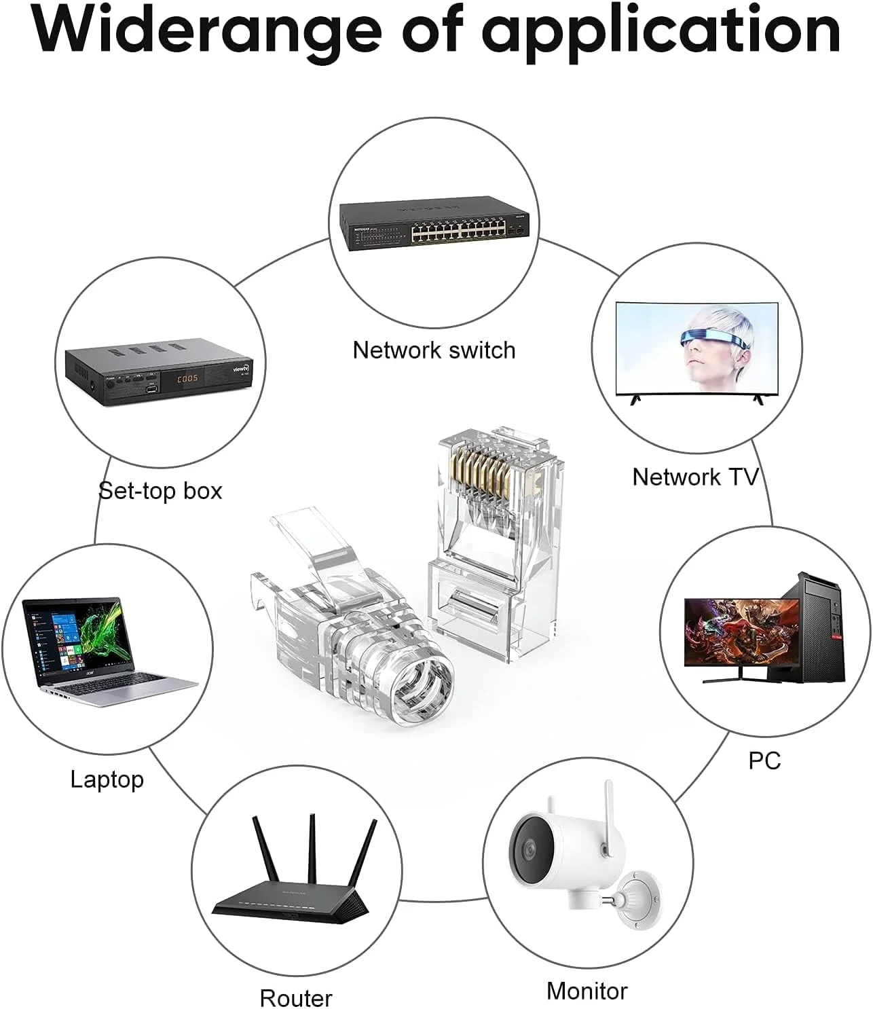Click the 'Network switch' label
[434, 350]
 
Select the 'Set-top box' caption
[160, 490]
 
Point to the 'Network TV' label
[695, 477]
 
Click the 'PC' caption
[764, 760]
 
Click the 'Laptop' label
[107, 779]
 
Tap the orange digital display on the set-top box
[183, 378]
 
